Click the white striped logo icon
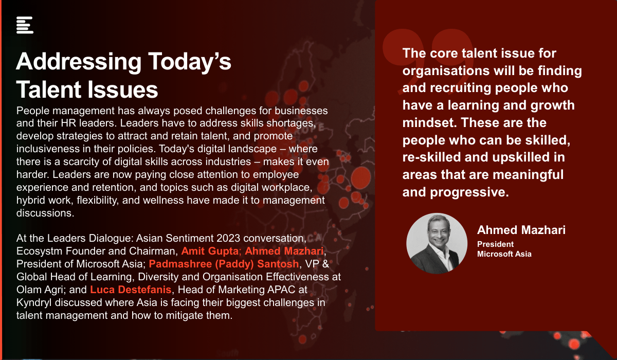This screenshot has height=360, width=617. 25,25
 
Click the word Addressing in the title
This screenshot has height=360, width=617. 79,62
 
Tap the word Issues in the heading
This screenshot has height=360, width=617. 123,90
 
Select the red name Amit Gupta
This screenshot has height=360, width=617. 210,251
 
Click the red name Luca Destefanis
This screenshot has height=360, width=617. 131,290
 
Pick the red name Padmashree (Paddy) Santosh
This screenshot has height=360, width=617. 224,264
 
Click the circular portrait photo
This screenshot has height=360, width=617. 437,243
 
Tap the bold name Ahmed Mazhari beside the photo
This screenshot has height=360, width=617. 521,230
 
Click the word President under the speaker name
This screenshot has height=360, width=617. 495,244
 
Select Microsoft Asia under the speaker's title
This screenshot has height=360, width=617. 504,254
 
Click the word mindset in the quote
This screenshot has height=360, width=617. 430,122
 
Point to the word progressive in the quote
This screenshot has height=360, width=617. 469,192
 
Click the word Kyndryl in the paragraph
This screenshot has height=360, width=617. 34,303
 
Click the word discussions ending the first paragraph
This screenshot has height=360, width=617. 45,213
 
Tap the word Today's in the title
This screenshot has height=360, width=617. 190,62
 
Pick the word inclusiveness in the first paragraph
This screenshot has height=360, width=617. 48,149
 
